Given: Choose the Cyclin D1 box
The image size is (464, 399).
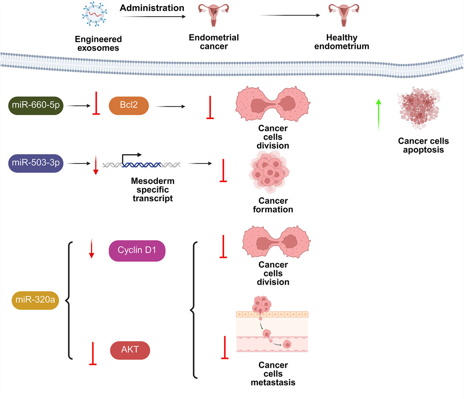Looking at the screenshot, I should (x=137, y=250).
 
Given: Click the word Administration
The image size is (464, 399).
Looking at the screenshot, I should (x=146, y=7).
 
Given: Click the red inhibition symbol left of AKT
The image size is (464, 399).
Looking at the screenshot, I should (x=93, y=353).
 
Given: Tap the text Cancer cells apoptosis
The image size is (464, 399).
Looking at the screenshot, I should (x=423, y=145).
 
